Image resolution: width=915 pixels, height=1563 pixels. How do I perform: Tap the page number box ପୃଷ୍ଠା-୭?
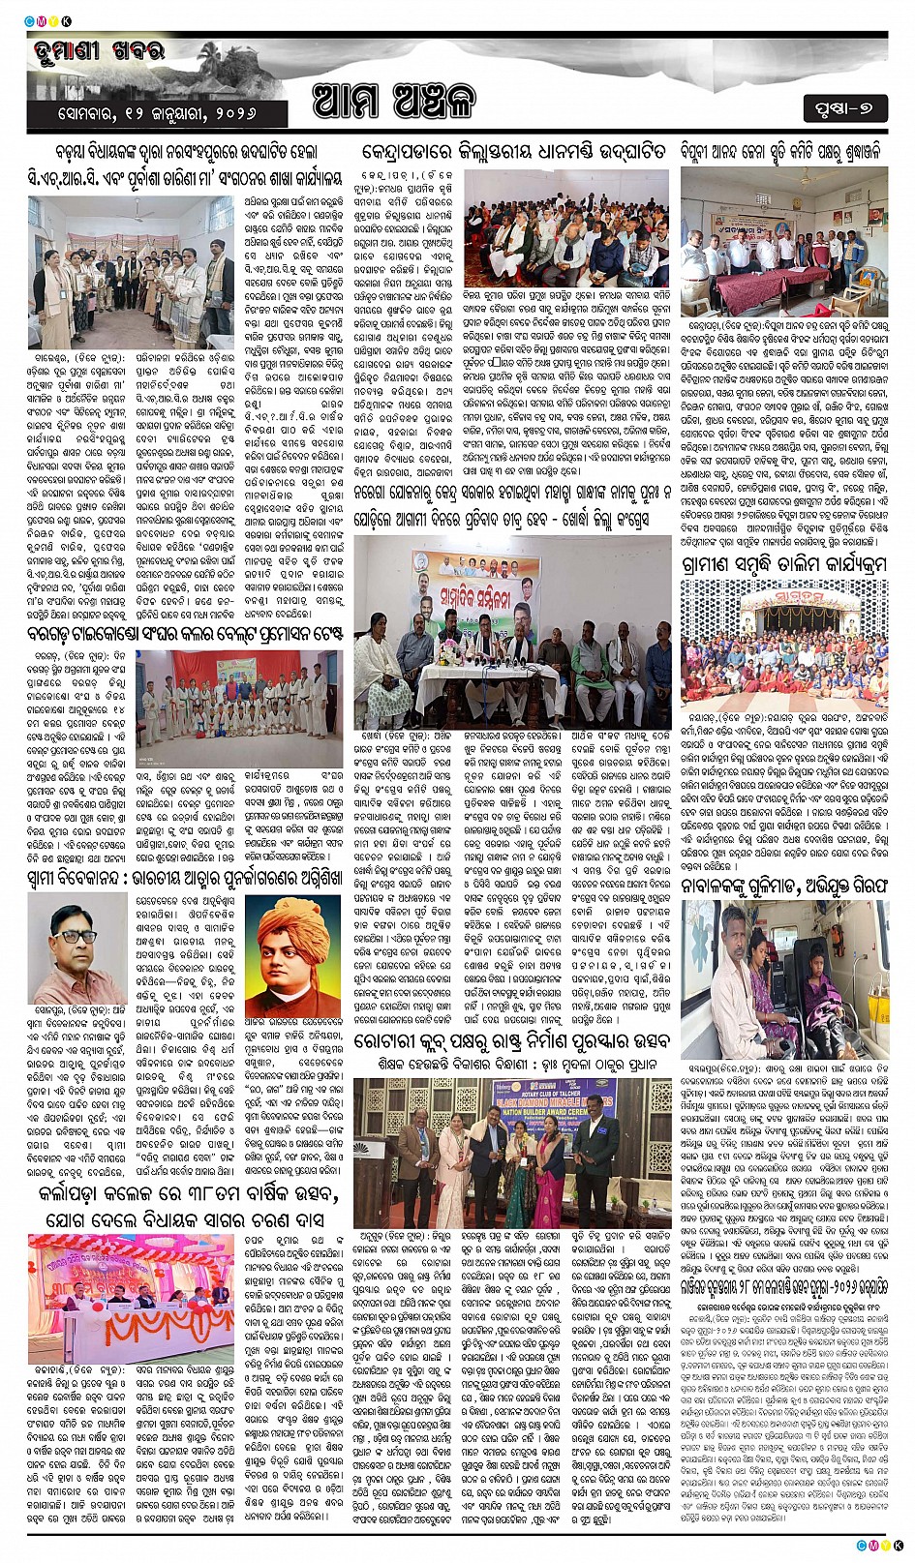click(843, 108)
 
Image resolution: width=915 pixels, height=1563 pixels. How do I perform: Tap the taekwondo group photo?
click(238, 696)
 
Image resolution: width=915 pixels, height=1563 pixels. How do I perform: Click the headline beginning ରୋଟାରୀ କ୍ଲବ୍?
click(511, 1042)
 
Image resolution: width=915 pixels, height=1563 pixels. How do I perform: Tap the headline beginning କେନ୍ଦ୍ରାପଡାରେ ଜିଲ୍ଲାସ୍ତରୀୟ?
click(513, 152)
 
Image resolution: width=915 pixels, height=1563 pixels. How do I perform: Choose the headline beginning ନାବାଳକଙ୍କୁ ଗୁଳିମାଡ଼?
click(783, 884)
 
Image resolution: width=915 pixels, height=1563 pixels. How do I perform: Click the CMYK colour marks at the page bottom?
click(879, 1546)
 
